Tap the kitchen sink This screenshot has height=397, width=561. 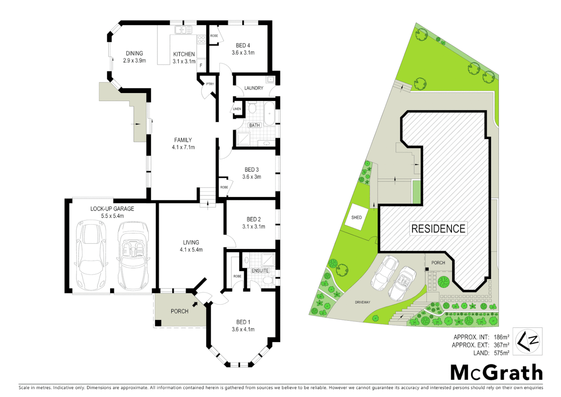click(183, 30)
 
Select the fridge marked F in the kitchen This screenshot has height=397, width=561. click(201, 65)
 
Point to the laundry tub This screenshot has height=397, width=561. click(271, 79)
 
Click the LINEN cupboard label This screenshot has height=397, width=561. click(237, 109)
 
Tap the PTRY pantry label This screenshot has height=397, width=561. click(210, 84)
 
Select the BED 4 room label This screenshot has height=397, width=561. click(243, 46)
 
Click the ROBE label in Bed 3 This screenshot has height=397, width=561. click(224, 187)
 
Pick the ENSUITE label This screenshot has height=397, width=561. click(260, 271)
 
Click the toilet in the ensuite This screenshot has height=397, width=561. click(268, 281)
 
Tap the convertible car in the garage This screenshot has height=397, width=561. click(133, 255)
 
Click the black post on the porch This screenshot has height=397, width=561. click(158, 323)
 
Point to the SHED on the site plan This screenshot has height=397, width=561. click(356, 217)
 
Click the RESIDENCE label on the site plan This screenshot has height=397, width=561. click(438, 229)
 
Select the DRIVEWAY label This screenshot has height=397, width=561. click(362, 302)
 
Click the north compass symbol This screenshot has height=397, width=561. click(527, 341)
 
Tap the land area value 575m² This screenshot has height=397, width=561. click(502, 353)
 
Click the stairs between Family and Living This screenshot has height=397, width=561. click(208, 197)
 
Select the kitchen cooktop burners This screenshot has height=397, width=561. click(201, 39)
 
